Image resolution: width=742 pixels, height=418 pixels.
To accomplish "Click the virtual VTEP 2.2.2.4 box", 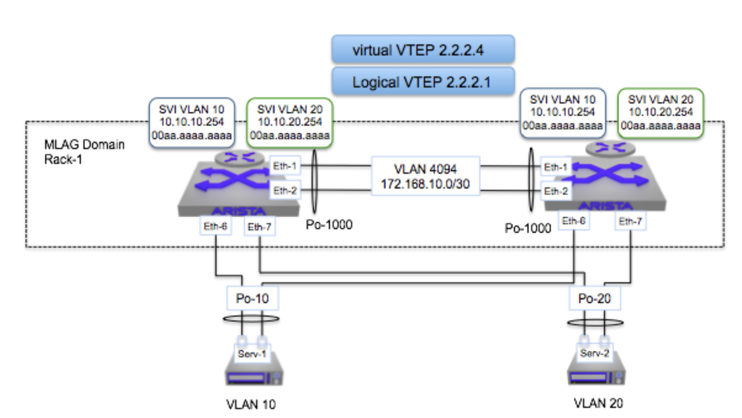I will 423,49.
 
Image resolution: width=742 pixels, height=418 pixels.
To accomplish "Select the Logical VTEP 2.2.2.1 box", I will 423,81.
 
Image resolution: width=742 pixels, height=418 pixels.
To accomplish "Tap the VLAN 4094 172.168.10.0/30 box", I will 425,176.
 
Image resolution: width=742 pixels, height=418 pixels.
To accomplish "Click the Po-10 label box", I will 252,298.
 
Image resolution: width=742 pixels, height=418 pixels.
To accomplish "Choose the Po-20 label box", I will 594,298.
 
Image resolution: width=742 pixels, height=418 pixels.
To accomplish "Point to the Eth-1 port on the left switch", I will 285,166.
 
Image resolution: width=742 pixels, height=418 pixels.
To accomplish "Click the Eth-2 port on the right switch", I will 556,191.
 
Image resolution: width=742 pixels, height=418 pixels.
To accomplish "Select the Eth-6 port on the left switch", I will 216,226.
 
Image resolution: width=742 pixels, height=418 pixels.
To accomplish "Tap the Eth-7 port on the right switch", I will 631,221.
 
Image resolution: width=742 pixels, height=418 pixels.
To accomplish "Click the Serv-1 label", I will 252,353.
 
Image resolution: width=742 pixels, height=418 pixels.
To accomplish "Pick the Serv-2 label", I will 594,353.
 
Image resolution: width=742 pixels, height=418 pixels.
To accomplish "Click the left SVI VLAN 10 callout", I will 191,122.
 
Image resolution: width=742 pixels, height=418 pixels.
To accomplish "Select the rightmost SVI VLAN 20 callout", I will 661,113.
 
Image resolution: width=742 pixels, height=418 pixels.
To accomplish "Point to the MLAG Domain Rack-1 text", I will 84,152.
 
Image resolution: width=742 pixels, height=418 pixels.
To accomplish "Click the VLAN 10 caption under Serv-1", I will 251,404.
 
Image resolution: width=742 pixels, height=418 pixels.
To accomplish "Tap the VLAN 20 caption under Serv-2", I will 598,403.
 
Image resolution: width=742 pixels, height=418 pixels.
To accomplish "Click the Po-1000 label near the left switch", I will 329,225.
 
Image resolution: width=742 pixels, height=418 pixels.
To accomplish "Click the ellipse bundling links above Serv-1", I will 251,318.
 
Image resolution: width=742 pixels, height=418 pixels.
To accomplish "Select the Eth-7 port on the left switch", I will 260,227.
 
